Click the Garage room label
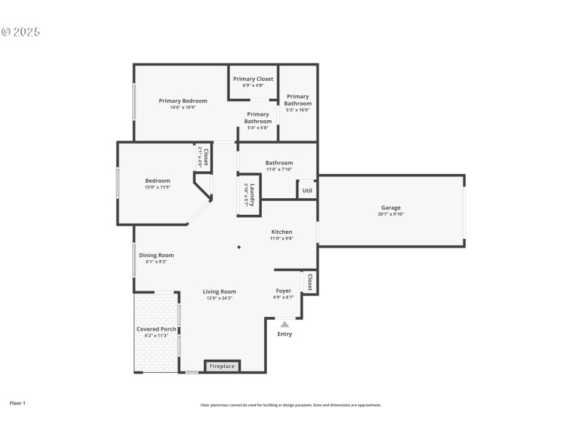pos(391,208)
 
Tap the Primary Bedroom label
pos(183,101)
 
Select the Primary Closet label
pos(253,79)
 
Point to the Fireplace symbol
pos(222,366)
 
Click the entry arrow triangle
pos(284,324)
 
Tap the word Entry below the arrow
pos(284,334)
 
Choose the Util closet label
pos(307,191)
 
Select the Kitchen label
pos(282,232)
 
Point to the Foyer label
pos(283,291)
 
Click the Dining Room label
pos(156,255)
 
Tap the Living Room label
pos(219,291)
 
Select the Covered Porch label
pos(156,329)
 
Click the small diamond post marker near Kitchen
pos(239,247)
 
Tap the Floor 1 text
pos(17,403)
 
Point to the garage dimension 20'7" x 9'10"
pos(391,214)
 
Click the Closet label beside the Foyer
pos(310,282)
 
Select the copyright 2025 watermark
pos(20,32)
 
